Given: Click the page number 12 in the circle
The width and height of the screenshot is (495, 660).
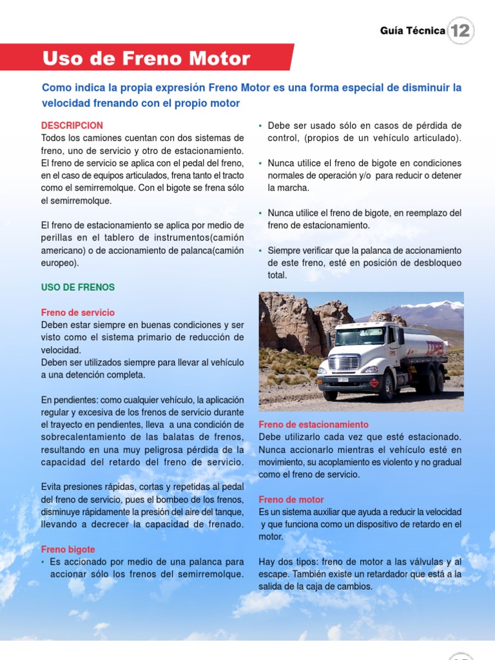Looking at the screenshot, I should coord(460,30).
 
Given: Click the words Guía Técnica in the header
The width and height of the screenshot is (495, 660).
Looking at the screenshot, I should coord(412,30).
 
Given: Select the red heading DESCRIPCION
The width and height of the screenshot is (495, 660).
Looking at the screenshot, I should coord(72,126).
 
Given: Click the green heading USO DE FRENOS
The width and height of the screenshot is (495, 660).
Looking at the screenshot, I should coord(78,287).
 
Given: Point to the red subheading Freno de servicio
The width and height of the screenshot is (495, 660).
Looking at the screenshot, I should coord(78,313).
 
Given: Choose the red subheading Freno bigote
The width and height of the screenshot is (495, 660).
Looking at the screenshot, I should coord(68,550).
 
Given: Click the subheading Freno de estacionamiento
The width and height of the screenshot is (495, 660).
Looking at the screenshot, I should coord(314,425).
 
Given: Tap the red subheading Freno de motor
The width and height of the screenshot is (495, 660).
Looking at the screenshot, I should coord(291,500).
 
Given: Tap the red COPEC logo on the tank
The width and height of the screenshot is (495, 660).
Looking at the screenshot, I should coord(434,349).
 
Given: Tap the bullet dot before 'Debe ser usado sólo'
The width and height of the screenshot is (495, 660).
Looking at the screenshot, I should coord(260,126).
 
